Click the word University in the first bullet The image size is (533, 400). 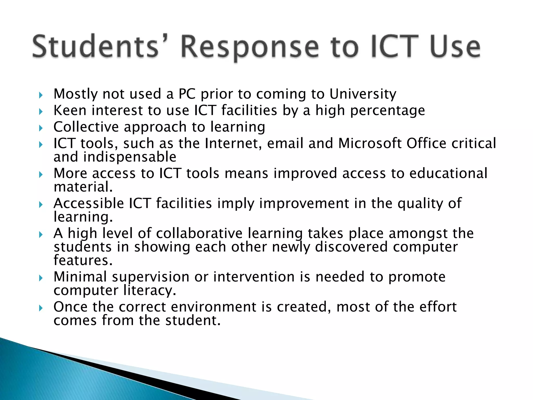[x=363, y=94]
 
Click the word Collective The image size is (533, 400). [x=86, y=127]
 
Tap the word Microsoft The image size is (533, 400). [x=370, y=143]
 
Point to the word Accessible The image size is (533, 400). [x=89, y=203]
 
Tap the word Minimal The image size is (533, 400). [x=80, y=277]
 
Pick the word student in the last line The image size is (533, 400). [x=193, y=321]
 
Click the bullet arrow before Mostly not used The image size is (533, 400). [x=41, y=95]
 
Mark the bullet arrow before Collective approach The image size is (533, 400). [x=41, y=128]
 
